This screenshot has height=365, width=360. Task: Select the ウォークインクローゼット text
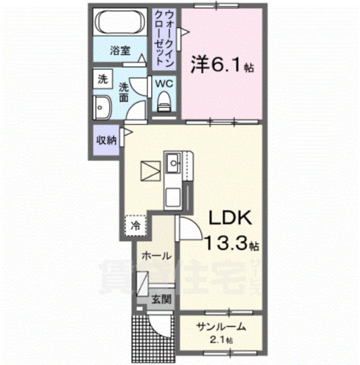point(167,35)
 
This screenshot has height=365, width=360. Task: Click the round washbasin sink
point(102,106)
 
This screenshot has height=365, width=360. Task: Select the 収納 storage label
point(106,140)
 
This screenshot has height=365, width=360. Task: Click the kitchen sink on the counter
point(173,162)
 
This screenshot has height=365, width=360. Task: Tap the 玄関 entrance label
point(160,299)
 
